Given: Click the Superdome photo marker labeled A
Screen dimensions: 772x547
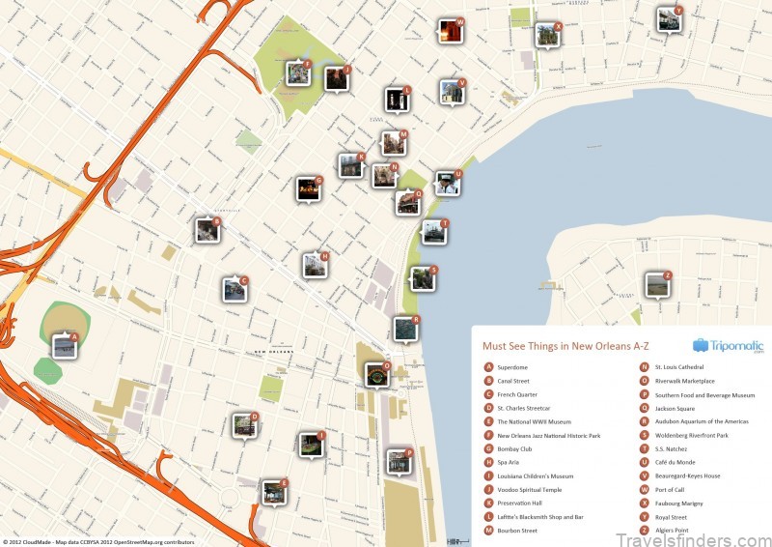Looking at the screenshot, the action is pyautogui.click(x=65, y=344).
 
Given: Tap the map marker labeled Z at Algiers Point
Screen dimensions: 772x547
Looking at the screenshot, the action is pyautogui.click(x=657, y=284).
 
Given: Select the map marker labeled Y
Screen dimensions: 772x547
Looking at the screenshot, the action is pyautogui.click(x=669, y=19).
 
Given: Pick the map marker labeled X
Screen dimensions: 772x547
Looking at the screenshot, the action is pyautogui.click(x=547, y=35).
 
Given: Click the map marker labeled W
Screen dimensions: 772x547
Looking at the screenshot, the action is pyautogui.click(x=450, y=30).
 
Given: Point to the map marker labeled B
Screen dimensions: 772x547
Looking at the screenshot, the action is pyautogui.click(x=207, y=230).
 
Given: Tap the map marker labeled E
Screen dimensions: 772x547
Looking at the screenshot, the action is pyautogui.click(x=274, y=491).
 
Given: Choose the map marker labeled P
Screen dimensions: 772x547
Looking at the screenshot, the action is pyautogui.click(x=399, y=461).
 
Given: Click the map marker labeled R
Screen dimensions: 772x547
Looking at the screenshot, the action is pyautogui.click(x=405, y=329).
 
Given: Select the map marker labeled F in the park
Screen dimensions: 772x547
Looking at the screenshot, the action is pyautogui.click(x=297, y=73).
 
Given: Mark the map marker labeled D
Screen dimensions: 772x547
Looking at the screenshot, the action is pyautogui.click(x=244, y=425).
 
